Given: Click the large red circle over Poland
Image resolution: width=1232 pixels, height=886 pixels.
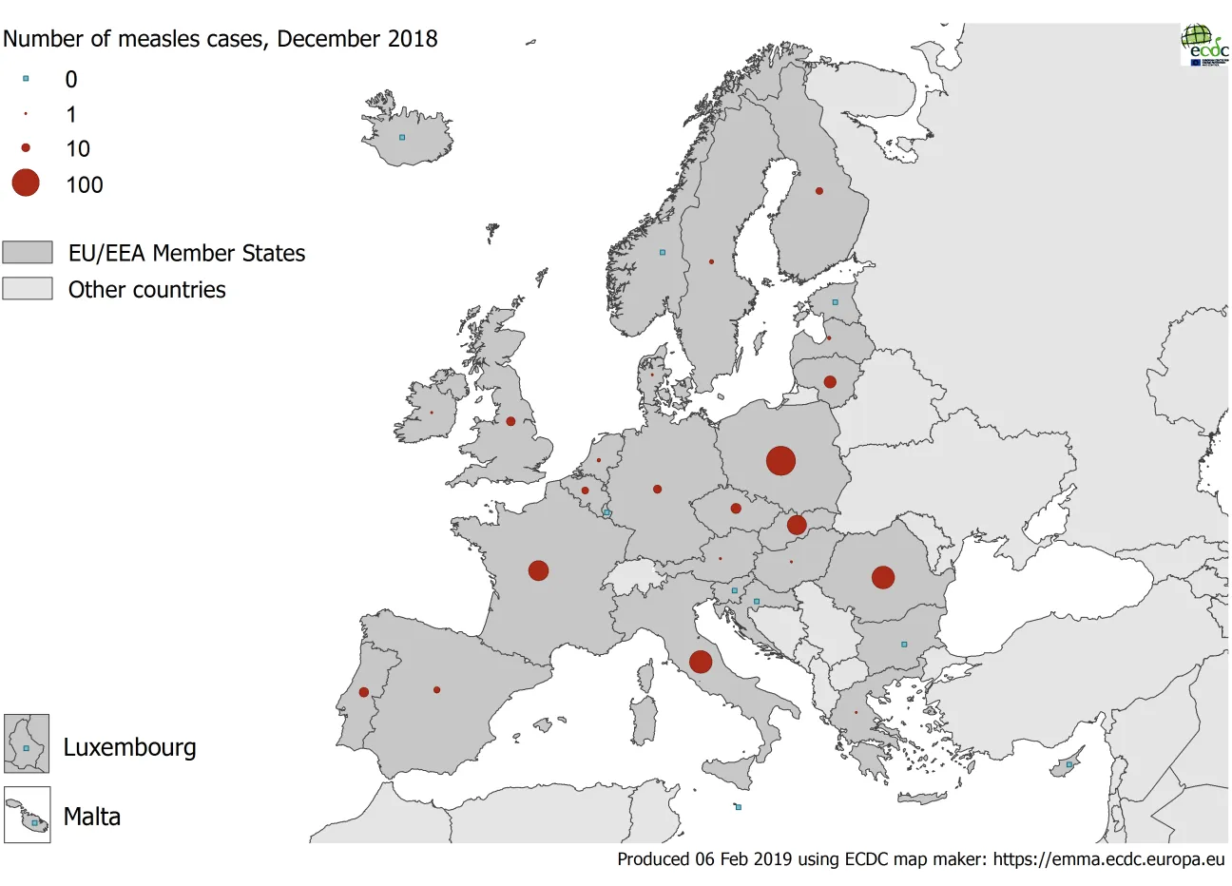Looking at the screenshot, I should click(780, 461).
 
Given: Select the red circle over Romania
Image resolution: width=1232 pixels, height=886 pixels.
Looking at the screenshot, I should click(883, 577).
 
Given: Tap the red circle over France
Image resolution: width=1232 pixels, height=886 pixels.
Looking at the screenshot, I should click(538, 570).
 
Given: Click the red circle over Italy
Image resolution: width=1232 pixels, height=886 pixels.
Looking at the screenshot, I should click(701, 662).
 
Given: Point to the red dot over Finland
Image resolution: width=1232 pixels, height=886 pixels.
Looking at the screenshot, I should click(819, 191).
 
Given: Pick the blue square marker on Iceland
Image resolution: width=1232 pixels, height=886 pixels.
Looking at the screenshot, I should click(402, 138).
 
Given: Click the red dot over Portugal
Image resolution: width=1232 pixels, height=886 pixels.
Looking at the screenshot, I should click(364, 692).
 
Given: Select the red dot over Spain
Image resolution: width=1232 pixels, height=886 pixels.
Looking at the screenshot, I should click(437, 690).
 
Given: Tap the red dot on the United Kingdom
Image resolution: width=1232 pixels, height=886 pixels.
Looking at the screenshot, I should click(510, 421).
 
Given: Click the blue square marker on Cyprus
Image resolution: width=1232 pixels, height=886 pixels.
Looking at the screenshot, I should click(1068, 764).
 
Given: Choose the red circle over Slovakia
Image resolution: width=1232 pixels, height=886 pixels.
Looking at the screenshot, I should click(797, 525).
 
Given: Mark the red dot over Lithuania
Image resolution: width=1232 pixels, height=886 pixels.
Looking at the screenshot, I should click(830, 382).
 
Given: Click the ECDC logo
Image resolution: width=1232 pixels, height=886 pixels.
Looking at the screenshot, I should click(1203, 45).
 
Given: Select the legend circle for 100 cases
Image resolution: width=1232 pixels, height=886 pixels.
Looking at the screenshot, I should click(26, 183).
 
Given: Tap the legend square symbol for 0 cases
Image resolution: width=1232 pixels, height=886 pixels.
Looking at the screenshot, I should click(26, 79).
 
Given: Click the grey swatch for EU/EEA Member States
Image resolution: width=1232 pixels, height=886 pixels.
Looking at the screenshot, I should click(28, 252).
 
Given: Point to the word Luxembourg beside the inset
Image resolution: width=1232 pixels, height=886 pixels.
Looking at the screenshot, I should click(129, 747).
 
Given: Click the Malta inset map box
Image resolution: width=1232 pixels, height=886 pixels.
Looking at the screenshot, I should click(27, 815).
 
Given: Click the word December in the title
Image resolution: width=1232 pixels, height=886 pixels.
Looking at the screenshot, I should click(316, 39).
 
